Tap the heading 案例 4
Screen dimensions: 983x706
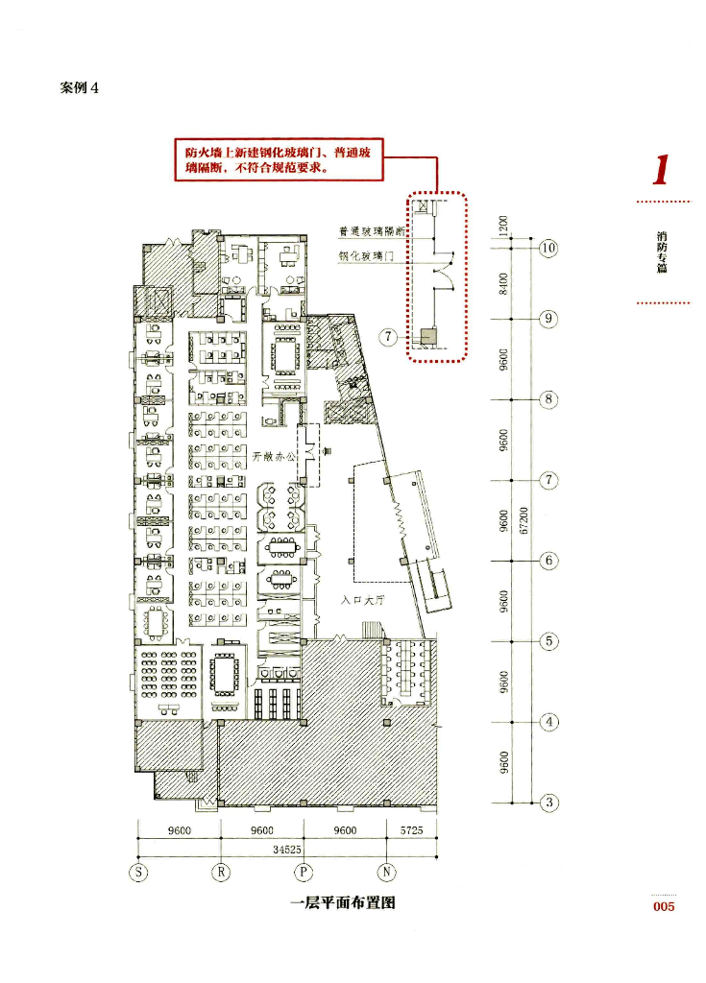[x=80, y=87]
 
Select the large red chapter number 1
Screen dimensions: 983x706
[x=660, y=169]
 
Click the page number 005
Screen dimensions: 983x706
[x=663, y=906]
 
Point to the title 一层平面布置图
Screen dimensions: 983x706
[x=342, y=902]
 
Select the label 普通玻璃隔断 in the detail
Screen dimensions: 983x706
[x=372, y=231]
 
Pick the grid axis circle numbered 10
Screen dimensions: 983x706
[x=548, y=248]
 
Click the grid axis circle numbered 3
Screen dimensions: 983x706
[x=548, y=802]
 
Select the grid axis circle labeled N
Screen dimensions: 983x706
[x=387, y=872]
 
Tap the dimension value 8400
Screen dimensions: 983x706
[x=503, y=283]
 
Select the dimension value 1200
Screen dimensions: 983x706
[x=503, y=226]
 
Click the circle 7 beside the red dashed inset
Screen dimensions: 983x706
[x=388, y=337]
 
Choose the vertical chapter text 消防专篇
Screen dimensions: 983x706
[x=662, y=252]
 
